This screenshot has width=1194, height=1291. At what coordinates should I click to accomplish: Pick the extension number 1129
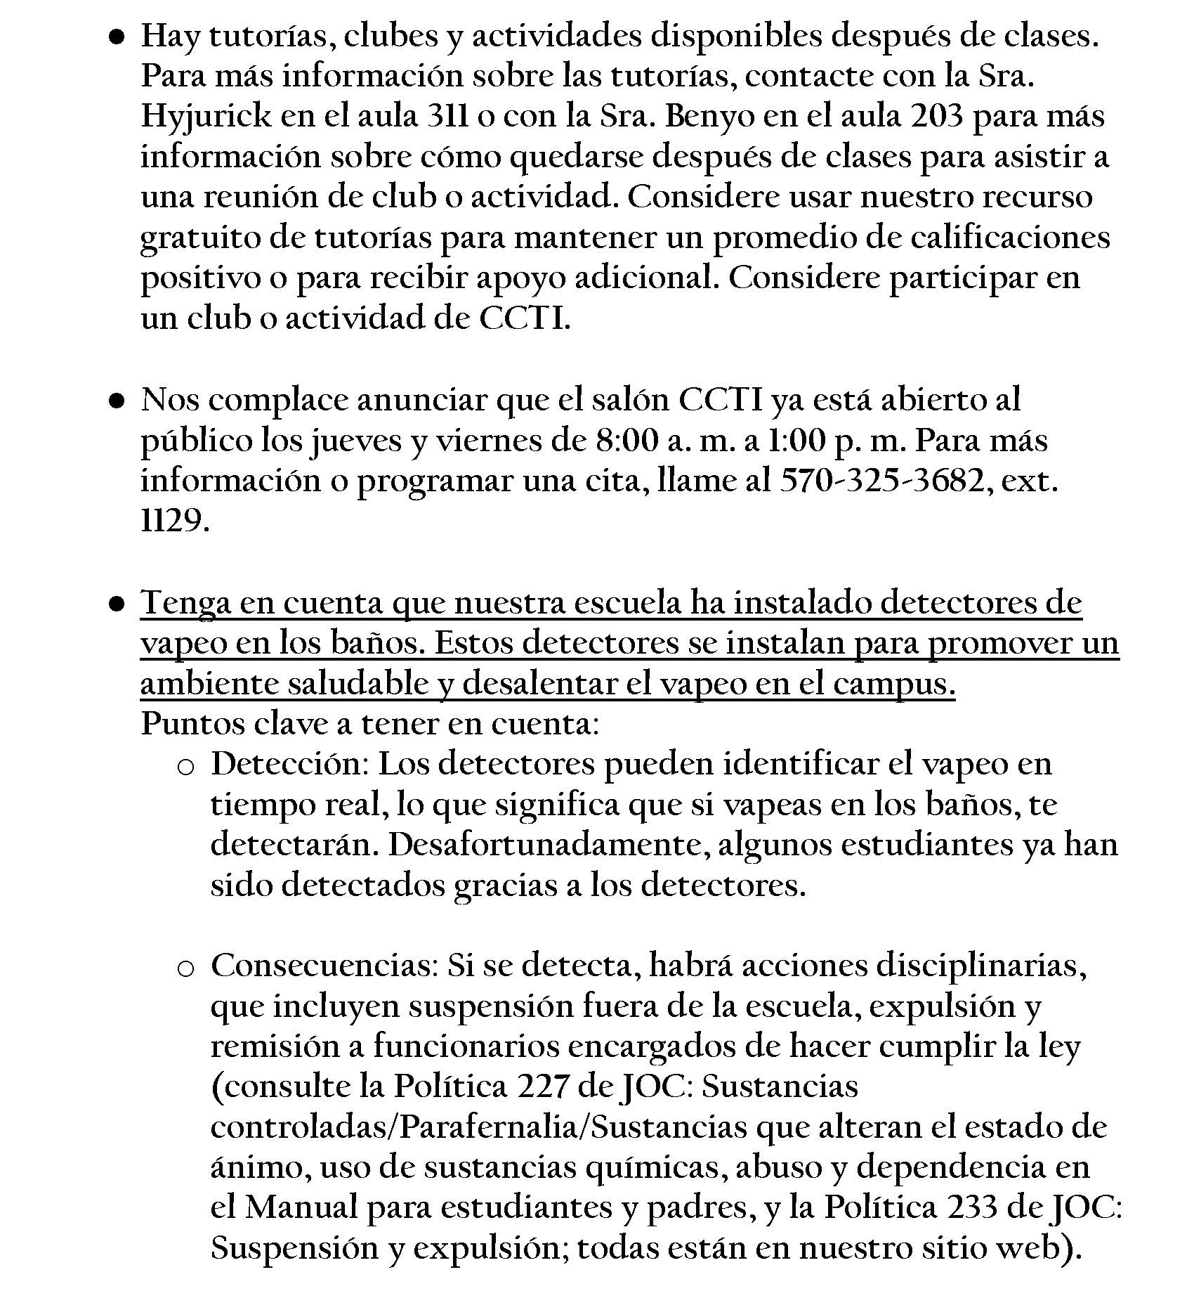coord(174,521)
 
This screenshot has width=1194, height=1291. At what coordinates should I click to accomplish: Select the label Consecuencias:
coord(324,966)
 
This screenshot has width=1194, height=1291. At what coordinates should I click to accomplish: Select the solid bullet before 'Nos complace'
coord(117,401)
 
